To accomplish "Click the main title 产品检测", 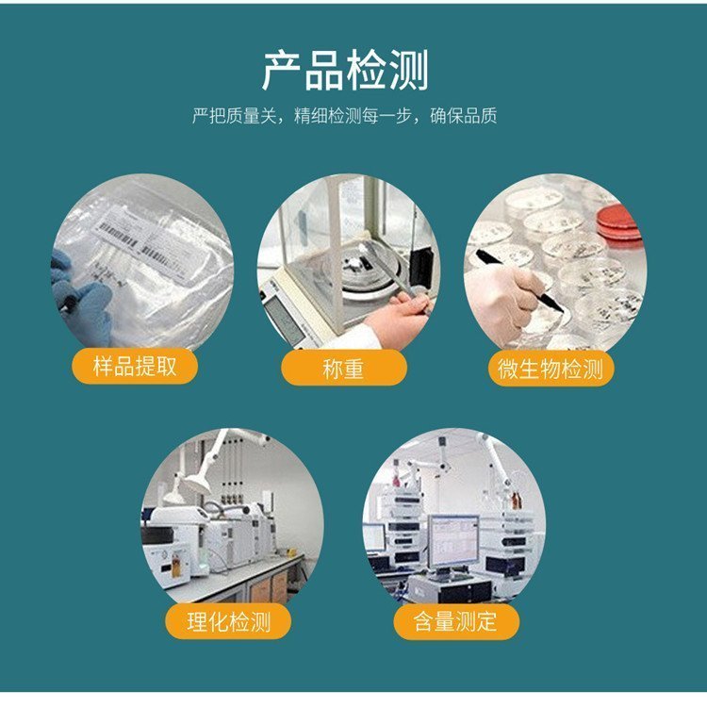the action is pos(345,70).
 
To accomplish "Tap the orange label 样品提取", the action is pos(135,366).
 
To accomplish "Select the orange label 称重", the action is pos(344,369).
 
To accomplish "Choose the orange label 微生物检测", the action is pos(551,369).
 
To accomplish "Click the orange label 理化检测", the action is pos(229,622).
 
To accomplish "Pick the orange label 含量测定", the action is pos(456,622).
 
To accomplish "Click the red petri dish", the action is pos(619,222).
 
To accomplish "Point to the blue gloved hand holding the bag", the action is pos(82,297).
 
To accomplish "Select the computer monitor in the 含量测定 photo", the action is pos(452,542).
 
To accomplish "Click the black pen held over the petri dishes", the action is pos(519,282).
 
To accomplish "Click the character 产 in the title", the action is pos(282,71).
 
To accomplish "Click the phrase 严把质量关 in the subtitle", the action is pos(234,116).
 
